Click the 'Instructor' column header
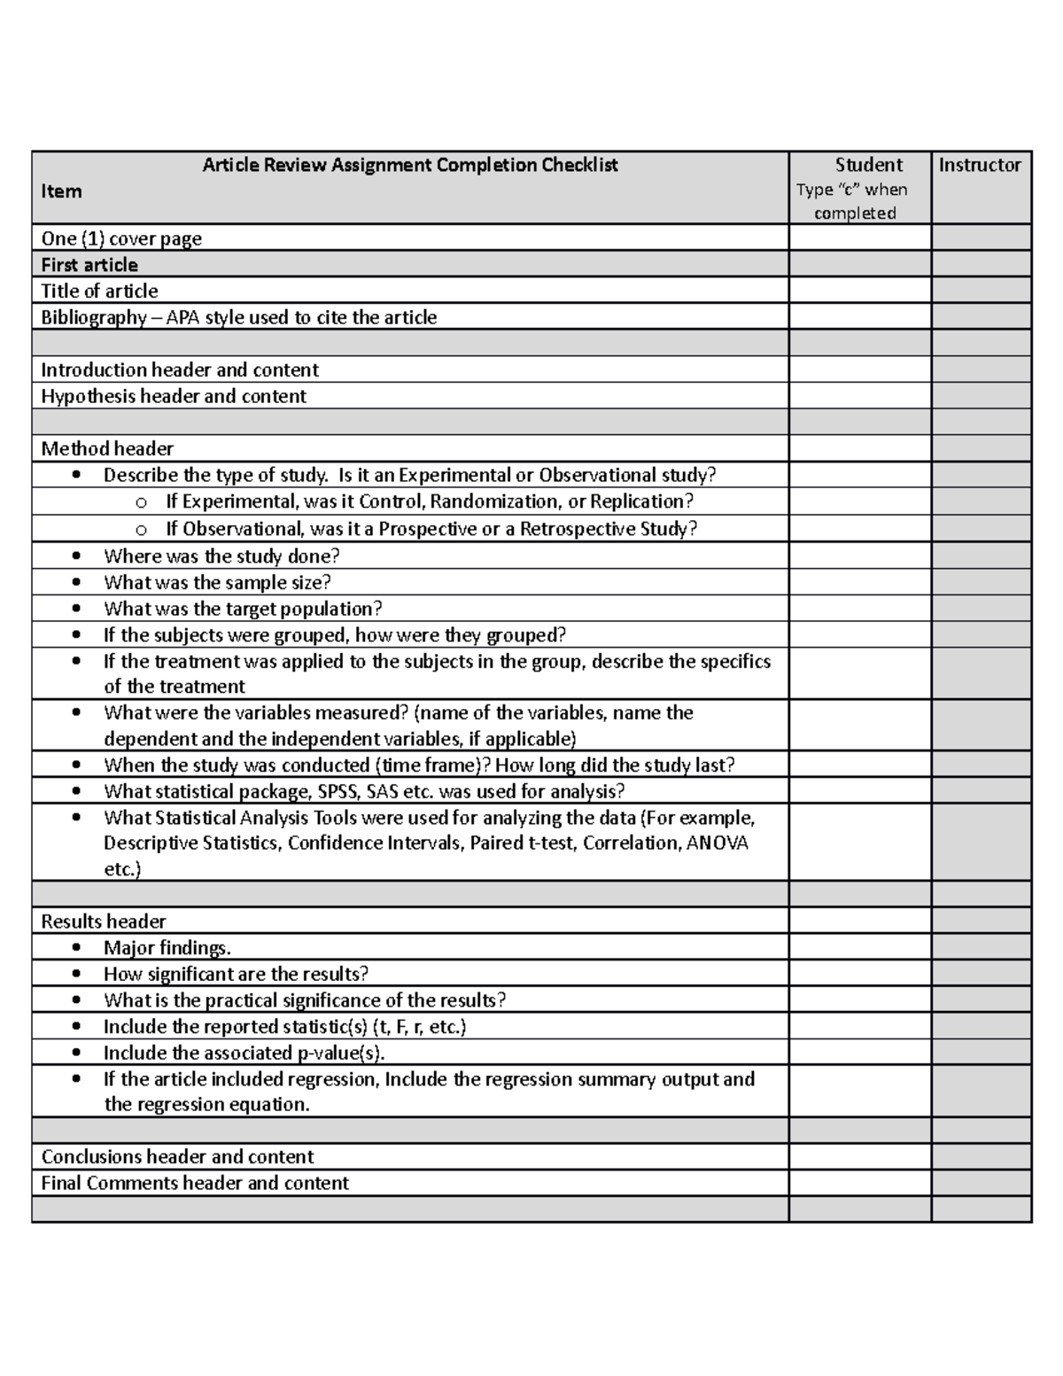click(x=980, y=165)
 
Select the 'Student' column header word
click(x=868, y=165)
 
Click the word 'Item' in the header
click(x=61, y=191)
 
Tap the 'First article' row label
click(x=89, y=265)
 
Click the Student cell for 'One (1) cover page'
click(x=859, y=238)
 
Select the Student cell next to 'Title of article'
click(x=859, y=291)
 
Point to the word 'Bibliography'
click(x=93, y=317)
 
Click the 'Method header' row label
click(x=107, y=448)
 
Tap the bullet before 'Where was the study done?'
click(x=78, y=556)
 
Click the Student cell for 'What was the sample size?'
click(x=859, y=582)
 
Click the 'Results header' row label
click(x=104, y=921)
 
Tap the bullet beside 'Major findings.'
click(x=78, y=948)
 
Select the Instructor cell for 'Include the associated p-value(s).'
click(x=981, y=1053)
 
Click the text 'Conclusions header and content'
click(x=177, y=1156)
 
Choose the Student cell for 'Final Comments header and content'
click(x=859, y=1183)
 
